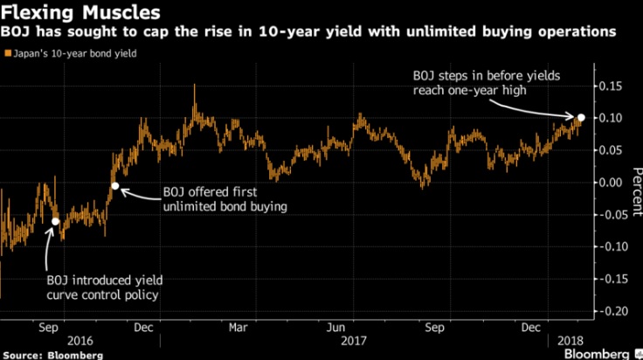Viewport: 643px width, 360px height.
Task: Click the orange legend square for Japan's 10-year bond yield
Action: tap(8, 52)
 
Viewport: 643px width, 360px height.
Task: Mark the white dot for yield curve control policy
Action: tap(56, 221)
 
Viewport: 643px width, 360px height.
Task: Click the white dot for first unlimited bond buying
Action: tap(114, 185)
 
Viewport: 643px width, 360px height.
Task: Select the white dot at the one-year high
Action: tap(581, 116)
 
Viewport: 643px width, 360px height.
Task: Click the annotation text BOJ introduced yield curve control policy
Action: tap(104, 287)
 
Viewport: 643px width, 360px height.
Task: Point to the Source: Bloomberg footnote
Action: tap(52, 354)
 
